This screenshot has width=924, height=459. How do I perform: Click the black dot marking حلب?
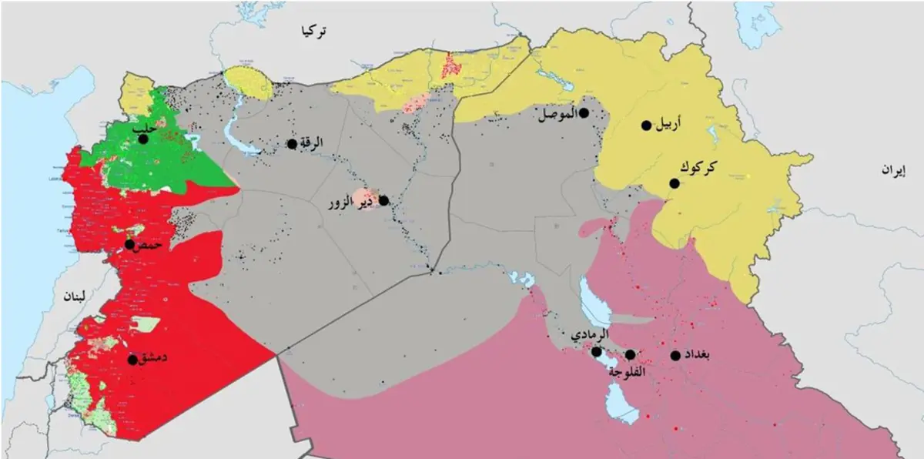(142, 139)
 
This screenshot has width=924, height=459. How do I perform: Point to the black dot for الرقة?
(292, 144)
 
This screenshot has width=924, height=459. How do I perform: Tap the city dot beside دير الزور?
(383, 200)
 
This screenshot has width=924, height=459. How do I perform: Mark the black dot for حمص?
(129, 244)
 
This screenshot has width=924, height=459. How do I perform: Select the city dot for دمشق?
(132, 360)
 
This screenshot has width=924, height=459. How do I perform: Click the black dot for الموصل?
(584, 113)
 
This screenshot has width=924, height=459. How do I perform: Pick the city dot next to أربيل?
(646, 125)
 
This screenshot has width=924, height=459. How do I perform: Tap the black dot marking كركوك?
(674, 183)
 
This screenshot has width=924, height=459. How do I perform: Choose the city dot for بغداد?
(675, 355)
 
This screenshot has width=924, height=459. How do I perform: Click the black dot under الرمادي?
(596, 351)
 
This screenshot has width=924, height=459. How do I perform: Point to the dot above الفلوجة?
(630, 354)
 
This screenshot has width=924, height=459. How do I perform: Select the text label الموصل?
(556, 115)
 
